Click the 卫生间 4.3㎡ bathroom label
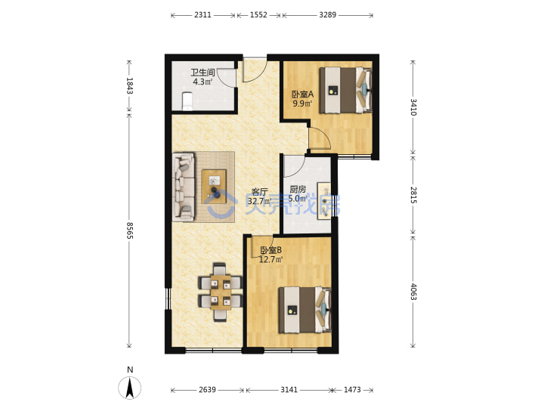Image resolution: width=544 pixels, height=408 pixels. (x=202, y=77)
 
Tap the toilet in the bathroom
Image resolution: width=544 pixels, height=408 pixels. (x=187, y=101)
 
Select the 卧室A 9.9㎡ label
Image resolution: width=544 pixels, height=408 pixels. (x=302, y=98)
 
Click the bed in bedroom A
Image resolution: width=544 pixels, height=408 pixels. (x=345, y=90)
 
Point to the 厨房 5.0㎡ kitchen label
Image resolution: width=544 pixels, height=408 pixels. (x=298, y=194)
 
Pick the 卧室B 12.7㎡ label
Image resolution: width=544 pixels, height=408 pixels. (x=271, y=255)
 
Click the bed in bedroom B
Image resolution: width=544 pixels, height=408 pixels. (x=305, y=310)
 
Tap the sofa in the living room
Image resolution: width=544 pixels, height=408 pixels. (x=184, y=187)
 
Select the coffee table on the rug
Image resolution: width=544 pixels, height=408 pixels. (x=214, y=187)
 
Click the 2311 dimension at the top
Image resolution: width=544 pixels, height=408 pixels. (x=202, y=15)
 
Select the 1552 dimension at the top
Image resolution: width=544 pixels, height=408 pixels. (x=258, y=15)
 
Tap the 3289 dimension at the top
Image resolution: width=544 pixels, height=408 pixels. (x=327, y=15)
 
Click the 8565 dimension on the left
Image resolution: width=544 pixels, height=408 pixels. (x=129, y=230)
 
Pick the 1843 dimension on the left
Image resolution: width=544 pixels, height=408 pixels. (x=129, y=85)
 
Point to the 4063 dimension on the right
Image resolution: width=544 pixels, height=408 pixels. (x=413, y=292)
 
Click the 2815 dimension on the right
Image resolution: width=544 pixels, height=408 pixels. (x=413, y=195)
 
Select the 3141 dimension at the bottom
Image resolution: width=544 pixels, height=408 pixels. (x=289, y=390)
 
